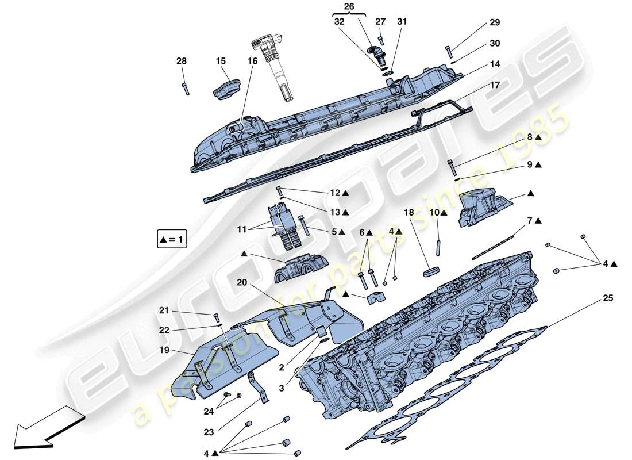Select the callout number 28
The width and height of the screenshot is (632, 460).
[182, 60]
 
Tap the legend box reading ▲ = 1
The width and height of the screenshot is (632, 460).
[172, 238]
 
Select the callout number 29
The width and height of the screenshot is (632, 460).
[495, 22]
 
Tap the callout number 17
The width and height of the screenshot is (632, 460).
[495, 85]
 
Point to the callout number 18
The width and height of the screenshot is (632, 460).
[408, 212]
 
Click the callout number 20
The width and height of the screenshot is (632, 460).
[241, 283]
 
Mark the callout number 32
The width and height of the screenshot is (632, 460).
[340, 22]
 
